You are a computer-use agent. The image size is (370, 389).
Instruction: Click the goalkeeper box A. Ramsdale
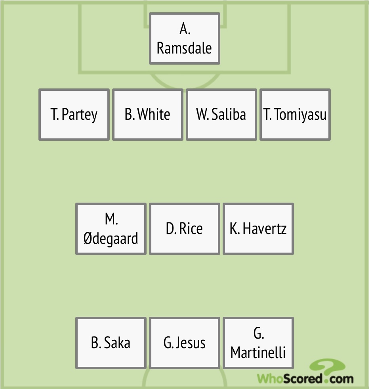tap(185, 38)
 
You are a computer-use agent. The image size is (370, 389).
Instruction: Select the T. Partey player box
tap(74, 115)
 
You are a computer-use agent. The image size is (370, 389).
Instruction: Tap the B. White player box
tap(148, 115)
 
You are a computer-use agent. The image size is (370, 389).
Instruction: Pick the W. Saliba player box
tap(221, 115)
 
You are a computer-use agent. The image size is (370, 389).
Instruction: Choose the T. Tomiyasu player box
tap(295, 115)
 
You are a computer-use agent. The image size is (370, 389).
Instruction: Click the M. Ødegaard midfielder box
tap(111, 229)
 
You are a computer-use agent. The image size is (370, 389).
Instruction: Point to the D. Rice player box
tap(185, 229)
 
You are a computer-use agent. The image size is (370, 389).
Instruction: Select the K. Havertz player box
tap(258, 229)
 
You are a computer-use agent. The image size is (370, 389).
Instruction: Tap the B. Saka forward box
tap(111, 343)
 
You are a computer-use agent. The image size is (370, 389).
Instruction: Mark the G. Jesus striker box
tap(185, 343)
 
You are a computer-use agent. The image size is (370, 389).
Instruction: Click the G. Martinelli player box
tap(258, 343)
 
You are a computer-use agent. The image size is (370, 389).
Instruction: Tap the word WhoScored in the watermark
tap(290, 379)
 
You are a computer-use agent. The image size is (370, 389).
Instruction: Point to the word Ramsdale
tap(185, 48)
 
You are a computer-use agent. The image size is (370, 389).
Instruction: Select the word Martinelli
tap(258, 353)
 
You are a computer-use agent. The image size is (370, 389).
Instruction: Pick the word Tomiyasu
tap(301, 115)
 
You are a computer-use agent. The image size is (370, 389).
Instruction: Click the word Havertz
tap(265, 229)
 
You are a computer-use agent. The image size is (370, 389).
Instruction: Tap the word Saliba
tap(229, 115)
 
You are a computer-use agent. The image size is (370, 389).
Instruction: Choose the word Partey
tap(80, 115)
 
